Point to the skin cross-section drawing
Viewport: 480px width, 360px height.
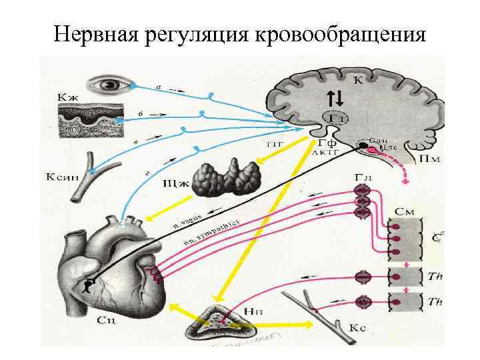[87, 124]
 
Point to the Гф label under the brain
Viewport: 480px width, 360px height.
[327, 142]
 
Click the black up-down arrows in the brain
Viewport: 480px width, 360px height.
[336, 99]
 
